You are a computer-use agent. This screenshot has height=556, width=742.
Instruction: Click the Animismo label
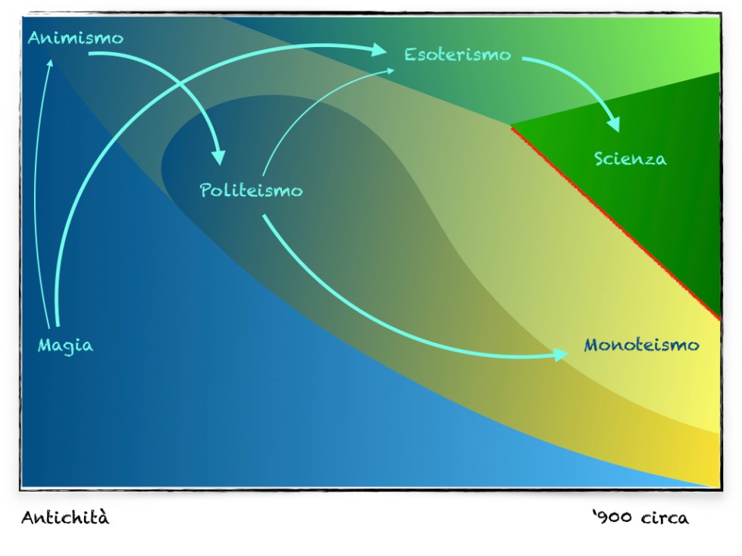click(x=75, y=38)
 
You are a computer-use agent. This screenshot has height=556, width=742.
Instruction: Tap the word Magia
click(x=66, y=346)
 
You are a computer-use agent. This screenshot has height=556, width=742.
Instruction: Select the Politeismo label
click(x=251, y=190)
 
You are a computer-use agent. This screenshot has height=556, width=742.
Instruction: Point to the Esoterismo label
click(x=457, y=55)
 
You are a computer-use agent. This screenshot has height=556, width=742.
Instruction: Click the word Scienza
click(x=630, y=159)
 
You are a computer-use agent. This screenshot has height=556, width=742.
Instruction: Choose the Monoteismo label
click(x=641, y=345)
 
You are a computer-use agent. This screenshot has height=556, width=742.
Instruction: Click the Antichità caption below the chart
click(x=65, y=518)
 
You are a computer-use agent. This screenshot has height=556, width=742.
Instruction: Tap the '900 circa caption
click(x=641, y=518)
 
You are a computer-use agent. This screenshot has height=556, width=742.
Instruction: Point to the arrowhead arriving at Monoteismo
click(x=560, y=355)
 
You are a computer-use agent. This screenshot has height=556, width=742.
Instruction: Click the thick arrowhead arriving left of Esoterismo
click(x=378, y=49)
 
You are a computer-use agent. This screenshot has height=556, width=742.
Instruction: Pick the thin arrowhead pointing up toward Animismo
click(x=50, y=63)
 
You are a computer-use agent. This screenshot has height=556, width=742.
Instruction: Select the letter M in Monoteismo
click(x=592, y=345)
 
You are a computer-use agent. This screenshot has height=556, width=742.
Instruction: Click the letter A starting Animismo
click(x=35, y=37)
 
